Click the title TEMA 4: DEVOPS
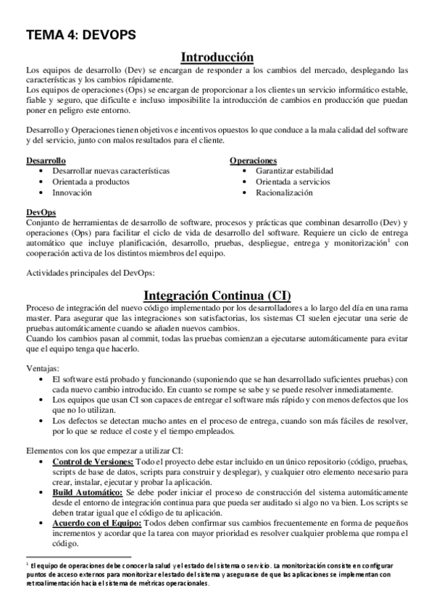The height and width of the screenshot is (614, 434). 80,34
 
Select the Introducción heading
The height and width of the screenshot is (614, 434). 217,56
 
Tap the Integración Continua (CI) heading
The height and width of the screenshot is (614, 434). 217,295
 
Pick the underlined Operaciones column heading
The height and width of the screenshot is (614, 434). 253,159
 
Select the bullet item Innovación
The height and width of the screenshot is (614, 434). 72,193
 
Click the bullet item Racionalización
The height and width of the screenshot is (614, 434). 284,193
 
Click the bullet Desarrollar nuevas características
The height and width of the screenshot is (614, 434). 111,170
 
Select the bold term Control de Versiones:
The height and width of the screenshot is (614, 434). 93,461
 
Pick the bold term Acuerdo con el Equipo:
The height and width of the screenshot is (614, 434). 96,522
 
